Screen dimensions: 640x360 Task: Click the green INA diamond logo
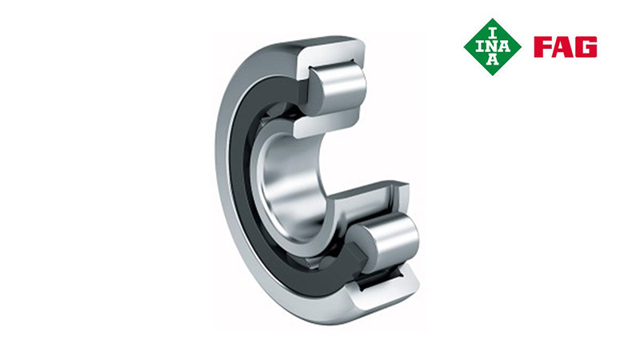point(492,47)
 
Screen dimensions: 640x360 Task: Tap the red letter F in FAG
point(542,47)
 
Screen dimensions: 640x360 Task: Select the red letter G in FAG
point(587,47)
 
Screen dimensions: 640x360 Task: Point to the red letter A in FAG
point(564,47)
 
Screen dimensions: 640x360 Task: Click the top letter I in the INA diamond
point(493,34)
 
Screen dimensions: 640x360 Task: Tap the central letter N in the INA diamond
point(493,47)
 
